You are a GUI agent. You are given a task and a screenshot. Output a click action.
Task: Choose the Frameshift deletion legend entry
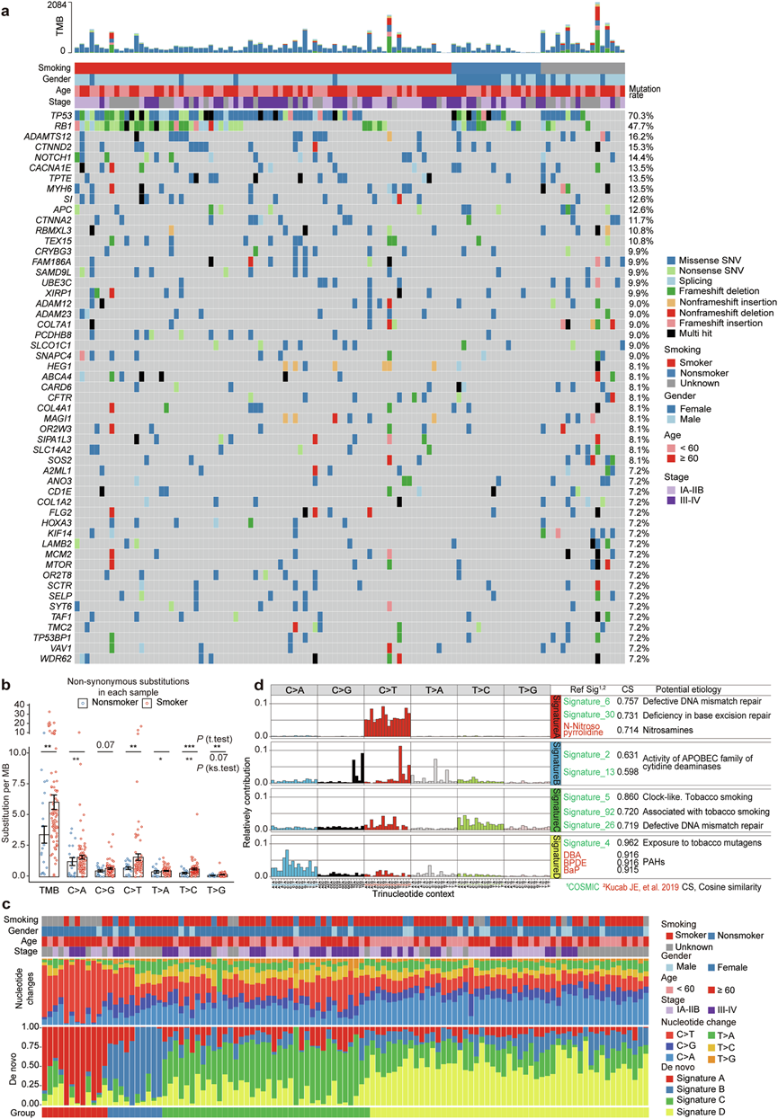coord(718,292)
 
